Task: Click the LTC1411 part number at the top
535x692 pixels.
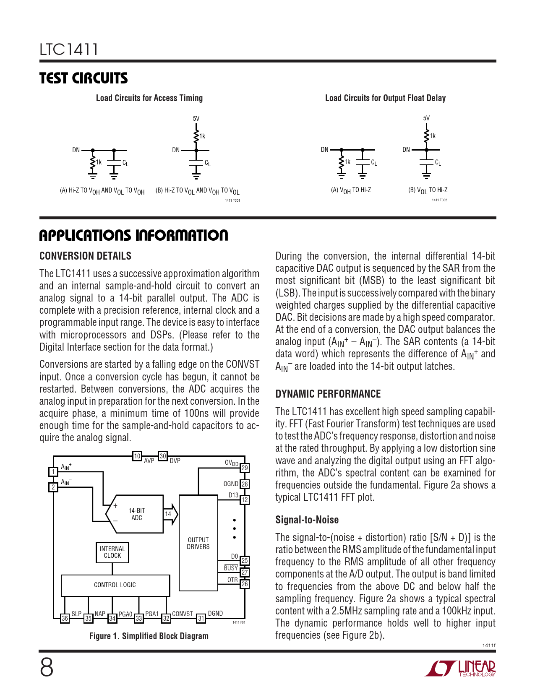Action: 69,49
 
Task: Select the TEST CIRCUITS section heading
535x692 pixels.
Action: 84,78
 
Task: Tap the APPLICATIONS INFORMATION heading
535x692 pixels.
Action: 133,235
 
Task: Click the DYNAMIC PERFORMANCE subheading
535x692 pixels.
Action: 328,394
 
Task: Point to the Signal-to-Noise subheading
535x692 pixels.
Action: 307,520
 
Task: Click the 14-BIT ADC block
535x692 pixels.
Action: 136,514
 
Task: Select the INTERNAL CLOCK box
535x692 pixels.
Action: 112,552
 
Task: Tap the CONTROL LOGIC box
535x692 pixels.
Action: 115,585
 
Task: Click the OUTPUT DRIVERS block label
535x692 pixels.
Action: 198,543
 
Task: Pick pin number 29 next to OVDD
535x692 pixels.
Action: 245,468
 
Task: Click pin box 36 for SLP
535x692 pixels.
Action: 65,618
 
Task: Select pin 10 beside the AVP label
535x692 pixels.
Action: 137,456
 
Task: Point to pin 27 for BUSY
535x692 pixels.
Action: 245,572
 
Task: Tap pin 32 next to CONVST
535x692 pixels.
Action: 167,618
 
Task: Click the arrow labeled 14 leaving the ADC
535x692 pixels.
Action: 170,514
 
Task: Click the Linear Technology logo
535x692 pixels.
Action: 461,669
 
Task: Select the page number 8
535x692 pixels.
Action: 47,668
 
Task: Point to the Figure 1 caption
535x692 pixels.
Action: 149,636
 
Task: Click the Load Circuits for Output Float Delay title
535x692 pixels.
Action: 385,98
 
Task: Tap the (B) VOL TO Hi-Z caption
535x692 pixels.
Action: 428,190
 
